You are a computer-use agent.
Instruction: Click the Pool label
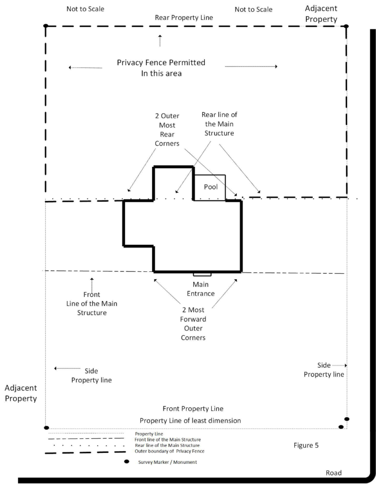211,187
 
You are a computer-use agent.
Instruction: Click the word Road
333,473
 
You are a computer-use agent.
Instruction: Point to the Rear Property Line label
184,17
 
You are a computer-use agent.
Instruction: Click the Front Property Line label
193,408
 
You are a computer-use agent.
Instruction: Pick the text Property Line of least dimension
190,420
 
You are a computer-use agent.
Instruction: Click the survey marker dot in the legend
127,461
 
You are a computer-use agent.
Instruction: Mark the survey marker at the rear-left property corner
46,26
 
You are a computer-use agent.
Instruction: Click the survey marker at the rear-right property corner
346,26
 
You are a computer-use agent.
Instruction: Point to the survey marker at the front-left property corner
46,428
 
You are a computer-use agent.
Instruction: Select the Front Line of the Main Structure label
92,303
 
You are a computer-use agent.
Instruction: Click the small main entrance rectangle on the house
202,274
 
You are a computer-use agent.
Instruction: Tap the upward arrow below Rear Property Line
160,40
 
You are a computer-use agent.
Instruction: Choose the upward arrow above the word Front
92,284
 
